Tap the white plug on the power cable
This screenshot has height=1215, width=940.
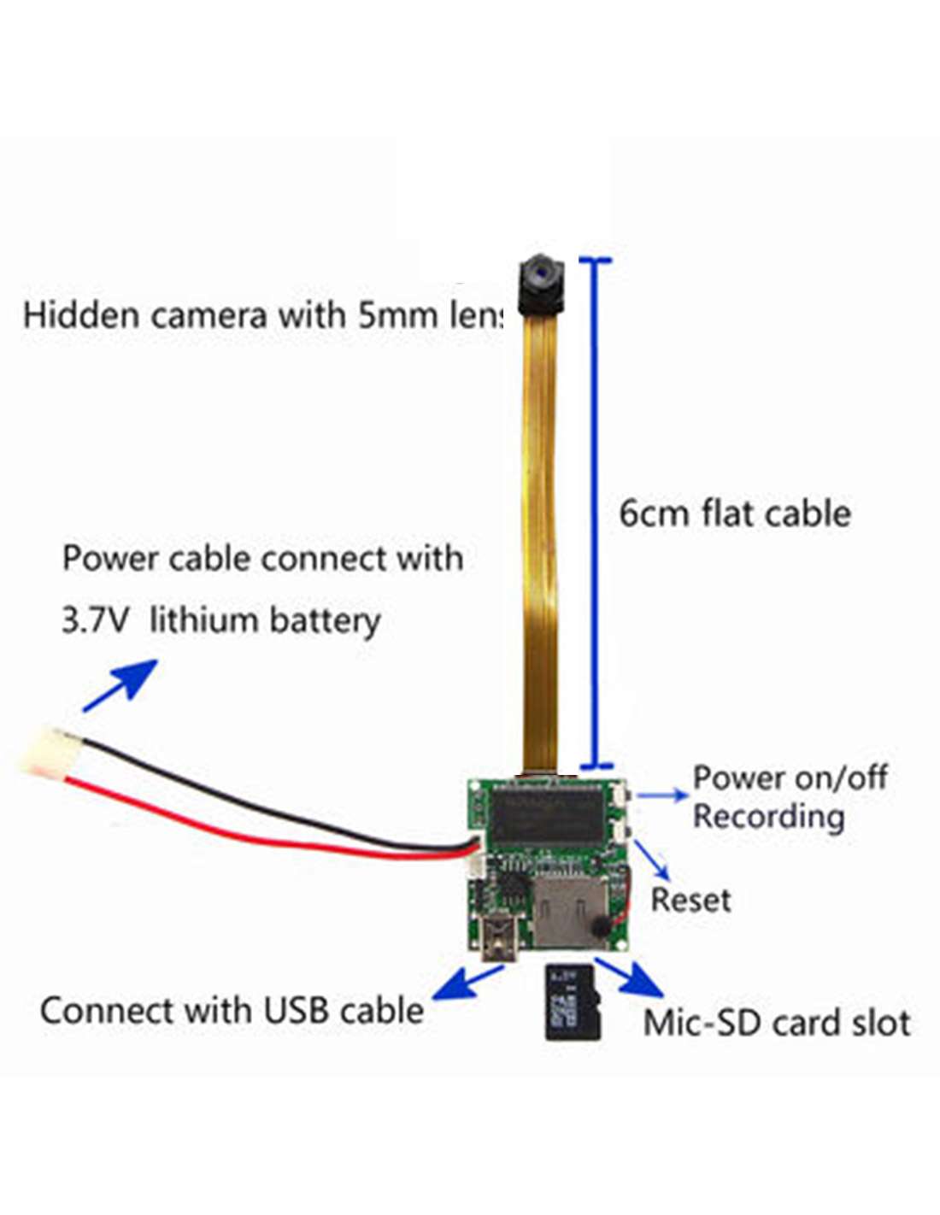pos(44,748)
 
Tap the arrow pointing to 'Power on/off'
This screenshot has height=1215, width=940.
pos(661,794)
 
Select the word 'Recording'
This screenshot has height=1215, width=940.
pos(768,817)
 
